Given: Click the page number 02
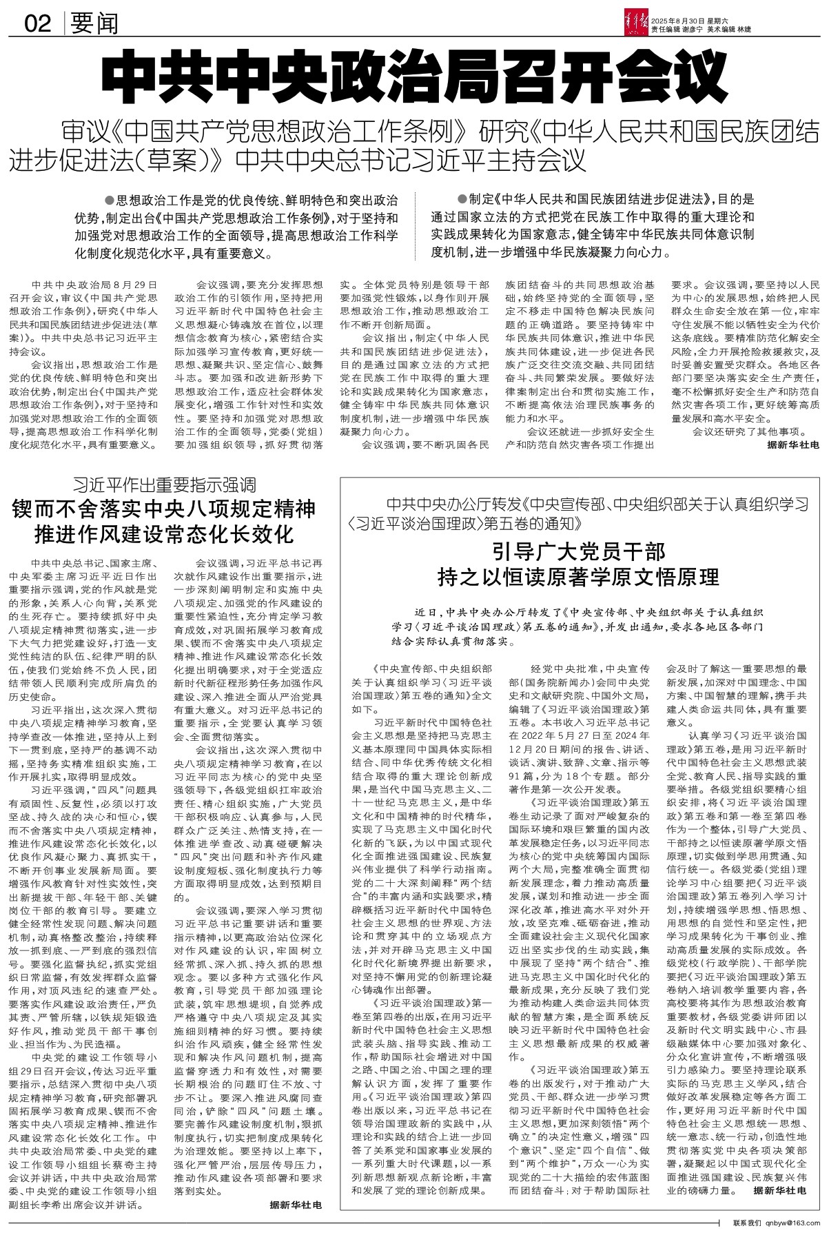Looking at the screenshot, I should click(38, 24).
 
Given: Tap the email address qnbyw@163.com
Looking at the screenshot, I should click(794, 1223).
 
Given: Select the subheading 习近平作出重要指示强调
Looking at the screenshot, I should click(165, 484).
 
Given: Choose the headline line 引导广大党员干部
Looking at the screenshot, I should click(578, 551).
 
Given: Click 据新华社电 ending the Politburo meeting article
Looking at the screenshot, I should click(792, 445).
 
